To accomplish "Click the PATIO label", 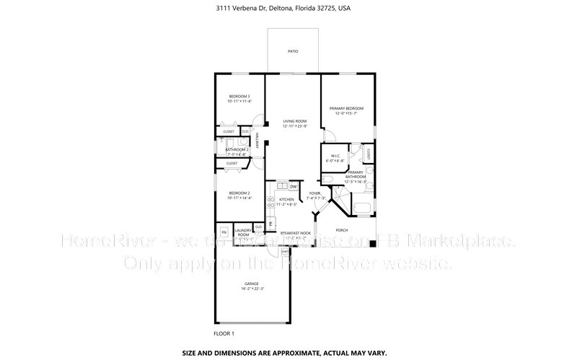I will coord(293,52).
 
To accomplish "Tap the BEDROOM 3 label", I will coord(239,97).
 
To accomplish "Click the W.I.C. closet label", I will coord(335,156).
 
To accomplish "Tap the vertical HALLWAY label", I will coord(257,144).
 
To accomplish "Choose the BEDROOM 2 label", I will coord(239,193).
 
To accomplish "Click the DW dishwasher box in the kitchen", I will coord(294,187).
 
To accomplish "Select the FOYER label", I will coord(314,193).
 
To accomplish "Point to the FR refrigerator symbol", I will coord(271,224).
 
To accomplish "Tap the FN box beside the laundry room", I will coord(224,232).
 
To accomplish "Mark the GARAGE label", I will coord(251,284).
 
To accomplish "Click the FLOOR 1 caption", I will coord(224,333).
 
